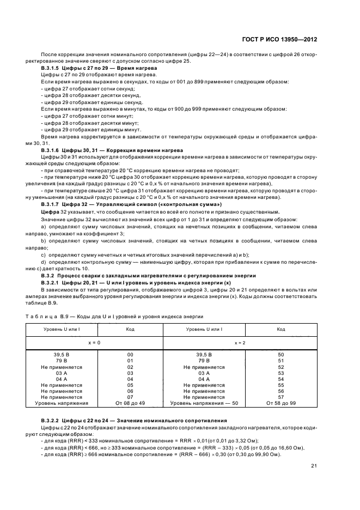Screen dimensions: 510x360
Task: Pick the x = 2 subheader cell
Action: (x=238, y=343)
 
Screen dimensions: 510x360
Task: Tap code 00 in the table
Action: (x=130, y=355)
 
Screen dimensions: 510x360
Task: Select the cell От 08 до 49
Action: (x=130, y=403)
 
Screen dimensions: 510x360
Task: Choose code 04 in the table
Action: (x=130, y=379)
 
